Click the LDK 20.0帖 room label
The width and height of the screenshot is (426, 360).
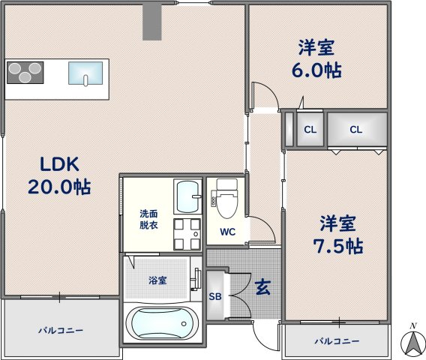pyautogui.click(x=59, y=175)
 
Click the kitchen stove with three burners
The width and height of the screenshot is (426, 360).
pyautogui.click(x=25, y=73)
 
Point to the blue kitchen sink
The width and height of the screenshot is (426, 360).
pyautogui.click(x=84, y=73)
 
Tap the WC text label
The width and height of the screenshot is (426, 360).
pyautogui.click(x=227, y=232)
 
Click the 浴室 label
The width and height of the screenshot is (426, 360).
pyautogui.click(x=157, y=280)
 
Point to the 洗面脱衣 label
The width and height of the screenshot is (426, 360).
pyautogui.click(x=148, y=218)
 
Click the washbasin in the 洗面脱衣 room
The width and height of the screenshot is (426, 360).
pyautogui.click(x=187, y=197)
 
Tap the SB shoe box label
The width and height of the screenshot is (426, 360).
pyautogui.click(x=214, y=296)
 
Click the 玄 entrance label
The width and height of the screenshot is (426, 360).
pyautogui.click(x=262, y=286)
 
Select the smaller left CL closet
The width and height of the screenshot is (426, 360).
pyautogui.click(x=309, y=130)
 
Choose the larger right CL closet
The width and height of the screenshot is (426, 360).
pyautogui.click(x=355, y=130)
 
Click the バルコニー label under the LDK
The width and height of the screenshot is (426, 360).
pyautogui.click(x=61, y=330)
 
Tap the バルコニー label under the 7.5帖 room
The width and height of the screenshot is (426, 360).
pyautogui.click(x=336, y=341)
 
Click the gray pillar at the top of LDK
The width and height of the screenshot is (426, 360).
pyautogui.click(x=152, y=22)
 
